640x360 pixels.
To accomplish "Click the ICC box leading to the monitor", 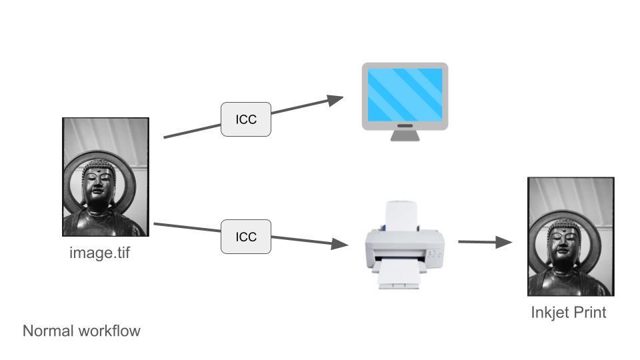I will (x=246, y=119).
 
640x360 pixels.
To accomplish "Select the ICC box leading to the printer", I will (x=246, y=237).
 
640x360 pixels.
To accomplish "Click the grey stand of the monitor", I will (x=405, y=134).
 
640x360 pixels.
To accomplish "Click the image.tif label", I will (x=105, y=253).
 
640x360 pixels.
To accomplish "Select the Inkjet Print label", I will (x=569, y=311).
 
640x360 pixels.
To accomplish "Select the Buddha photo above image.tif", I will (x=105, y=177).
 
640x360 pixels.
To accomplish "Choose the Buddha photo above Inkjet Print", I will (x=570, y=237).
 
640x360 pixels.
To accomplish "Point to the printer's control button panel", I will (x=433, y=253).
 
